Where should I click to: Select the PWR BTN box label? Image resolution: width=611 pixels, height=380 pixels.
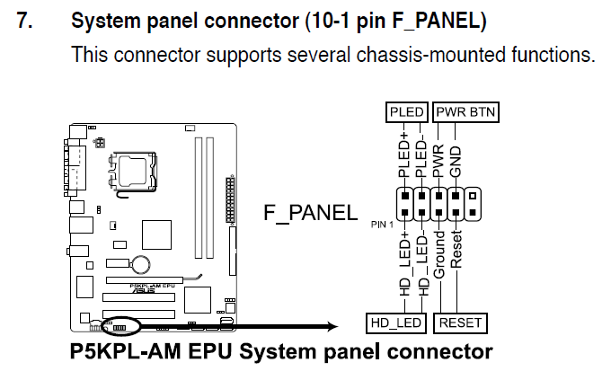(466, 112)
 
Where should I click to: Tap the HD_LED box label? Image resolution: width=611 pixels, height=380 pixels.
(396, 323)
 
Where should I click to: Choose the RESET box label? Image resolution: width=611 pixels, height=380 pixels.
(459, 323)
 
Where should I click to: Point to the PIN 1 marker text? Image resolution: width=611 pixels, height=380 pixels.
(381, 222)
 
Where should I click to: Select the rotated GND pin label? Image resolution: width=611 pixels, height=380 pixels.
(456, 163)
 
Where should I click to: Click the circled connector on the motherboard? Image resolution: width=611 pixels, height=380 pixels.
(120, 324)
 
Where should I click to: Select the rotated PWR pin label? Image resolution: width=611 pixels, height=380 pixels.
(439, 163)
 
